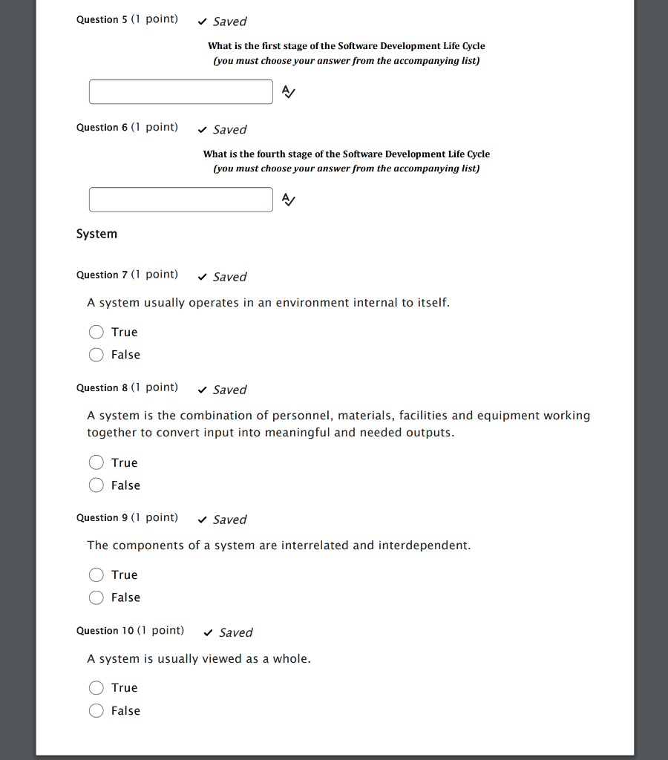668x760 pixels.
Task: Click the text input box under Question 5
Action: click(x=181, y=92)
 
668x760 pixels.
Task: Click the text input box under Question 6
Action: click(x=181, y=200)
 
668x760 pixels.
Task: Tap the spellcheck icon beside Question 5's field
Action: click(x=289, y=92)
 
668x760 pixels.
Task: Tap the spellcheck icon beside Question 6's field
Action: click(x=289, y=200)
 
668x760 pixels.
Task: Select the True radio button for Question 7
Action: click(x=96, y=332)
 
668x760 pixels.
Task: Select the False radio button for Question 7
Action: click(x=96, y=355)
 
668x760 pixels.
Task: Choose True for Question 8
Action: click(x=96, y=462)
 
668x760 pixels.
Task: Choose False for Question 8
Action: click(x=96, y=485)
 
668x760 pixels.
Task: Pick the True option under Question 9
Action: click(x=96, y=574)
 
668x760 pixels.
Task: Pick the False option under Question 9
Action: click(x=96, y=597)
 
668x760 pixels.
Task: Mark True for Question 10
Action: click(x=96, y=687)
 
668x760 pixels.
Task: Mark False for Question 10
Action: click(x=96, y=710)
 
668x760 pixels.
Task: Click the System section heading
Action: click(x=96, y=234)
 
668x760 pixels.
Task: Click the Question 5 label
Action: click(x=102, y=19)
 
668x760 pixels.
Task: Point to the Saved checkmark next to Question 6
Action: click(x=203, y=130)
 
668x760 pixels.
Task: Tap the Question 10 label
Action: click(x=105, y=631)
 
